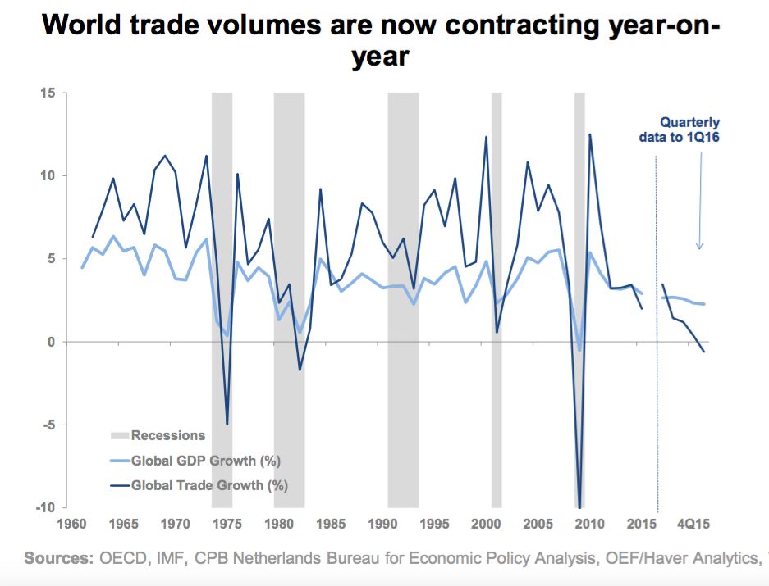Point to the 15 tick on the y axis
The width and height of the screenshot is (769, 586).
click(x=49, y=93)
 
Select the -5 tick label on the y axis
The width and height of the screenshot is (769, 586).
click(x=48, y=425)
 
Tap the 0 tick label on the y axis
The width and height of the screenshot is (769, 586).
click(x=53, y=341)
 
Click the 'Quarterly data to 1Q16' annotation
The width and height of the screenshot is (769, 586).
click(x=680, y=130)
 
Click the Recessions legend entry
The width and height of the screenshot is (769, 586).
click(x=167, y=435)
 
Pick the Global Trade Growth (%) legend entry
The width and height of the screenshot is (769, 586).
click(x=208, y=484)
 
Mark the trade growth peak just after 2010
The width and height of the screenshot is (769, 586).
click(x=589, y=134)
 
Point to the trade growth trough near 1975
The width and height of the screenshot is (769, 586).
click(x=227, y=424)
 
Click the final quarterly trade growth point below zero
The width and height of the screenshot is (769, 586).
click(x=704, y=352)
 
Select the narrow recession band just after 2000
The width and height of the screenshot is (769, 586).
click(x=497, y=299)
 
